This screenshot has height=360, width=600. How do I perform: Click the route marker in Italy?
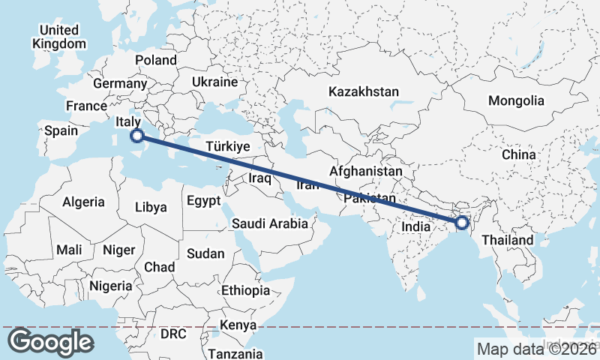click(x=136, y=136)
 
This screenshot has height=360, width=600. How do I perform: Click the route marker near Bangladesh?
click(x=462, y=222)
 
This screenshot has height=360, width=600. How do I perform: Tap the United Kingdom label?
click(x=59, y=37)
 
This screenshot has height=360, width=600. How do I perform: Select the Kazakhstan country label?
click(x=363, y=91)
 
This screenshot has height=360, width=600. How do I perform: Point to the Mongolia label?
click(x=516, y=100)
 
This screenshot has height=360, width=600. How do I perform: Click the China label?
click(x=519, y=154)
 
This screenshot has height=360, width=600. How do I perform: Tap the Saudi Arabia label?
click(x=270, y=223)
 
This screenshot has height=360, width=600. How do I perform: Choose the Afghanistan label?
click(x=365, y=172)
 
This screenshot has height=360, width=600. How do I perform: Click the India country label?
click(x=415, y=226)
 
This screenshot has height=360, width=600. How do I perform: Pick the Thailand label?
click(x=508, y=240)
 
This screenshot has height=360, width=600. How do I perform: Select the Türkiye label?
click(x=227, y=147)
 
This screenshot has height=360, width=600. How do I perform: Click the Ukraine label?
click(x=214, y=82)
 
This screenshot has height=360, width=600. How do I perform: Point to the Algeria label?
click(x=84, y=202)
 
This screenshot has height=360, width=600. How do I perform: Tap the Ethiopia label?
click(x=244, y=290)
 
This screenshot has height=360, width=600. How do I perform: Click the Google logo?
click(x=50, y=342)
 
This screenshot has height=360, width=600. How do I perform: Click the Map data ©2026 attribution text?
click(x=537, y=349)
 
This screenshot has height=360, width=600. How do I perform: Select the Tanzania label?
click(x=235, y=353)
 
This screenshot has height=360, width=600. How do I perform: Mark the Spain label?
click(x=61, y=130)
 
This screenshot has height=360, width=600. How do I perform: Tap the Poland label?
click(x=156, y=60)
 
